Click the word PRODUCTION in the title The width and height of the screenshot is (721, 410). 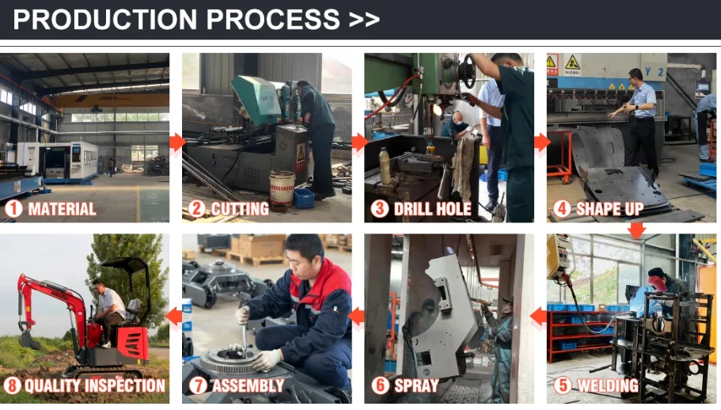(x=104, y=19)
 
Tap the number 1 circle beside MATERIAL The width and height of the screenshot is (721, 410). (x=13, y=209)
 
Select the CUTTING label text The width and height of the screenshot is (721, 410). (x=240, y=209)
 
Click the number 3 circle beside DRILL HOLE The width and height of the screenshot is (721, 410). (x=379, y=209)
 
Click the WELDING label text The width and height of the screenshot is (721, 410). (x=608, y=385)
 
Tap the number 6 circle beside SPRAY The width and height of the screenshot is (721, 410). (x=380, y=385)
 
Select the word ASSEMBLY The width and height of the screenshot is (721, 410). (x=248, y=385)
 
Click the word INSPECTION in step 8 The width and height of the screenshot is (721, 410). (x=124, y=385)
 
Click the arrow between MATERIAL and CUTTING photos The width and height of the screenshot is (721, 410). (x=176, y=142)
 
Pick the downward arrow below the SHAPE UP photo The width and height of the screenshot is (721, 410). (x=636, y=230)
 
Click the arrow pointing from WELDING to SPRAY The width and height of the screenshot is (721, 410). (x=537, y=317)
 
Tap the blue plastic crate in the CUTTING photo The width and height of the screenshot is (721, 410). (x=304, y=198)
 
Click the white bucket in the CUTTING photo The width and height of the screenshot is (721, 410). (x=282, y=188)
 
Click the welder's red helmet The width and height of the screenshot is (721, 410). (x=657, y=283)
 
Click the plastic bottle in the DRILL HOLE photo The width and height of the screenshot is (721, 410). (x=385, y=166)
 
